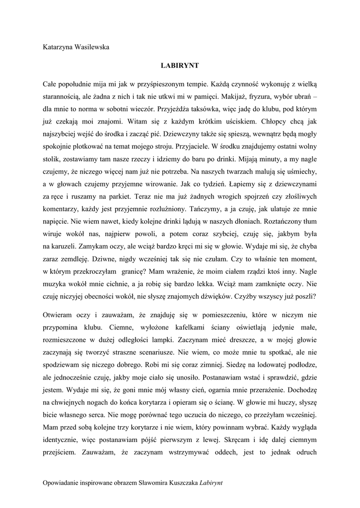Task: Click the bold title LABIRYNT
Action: click(x=180, y=65)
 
